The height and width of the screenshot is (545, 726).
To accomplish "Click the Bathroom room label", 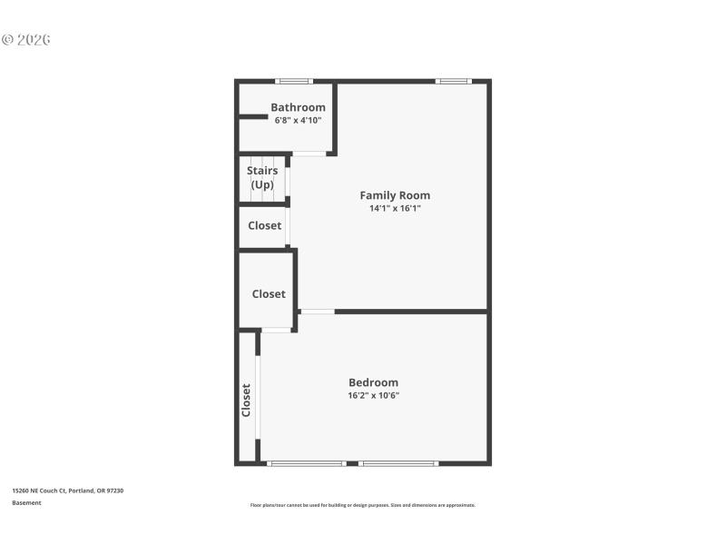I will pyautogui.click(x=298, y=107).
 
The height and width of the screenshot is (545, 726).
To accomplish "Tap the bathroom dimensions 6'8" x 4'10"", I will pyautogui.click(x=298, y=120).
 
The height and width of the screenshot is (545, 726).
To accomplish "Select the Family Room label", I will pyautogui.click(x=395, y=195).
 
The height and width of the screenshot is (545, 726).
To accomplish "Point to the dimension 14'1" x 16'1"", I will pyautogui.click(x=395, y=208).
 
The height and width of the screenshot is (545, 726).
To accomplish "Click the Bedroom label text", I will pyautogui.click(x=373, y=382).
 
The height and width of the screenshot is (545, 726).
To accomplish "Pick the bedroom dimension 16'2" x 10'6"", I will pyautogui.click(x=373, y=395).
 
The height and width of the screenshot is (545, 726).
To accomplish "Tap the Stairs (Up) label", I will pyautogui.click(x=262, y=177).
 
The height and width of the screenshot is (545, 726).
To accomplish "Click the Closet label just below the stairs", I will pyautogui.click(x=265, y=225).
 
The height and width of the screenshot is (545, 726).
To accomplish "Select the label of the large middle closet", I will pyautogui.click(x=269, y=293).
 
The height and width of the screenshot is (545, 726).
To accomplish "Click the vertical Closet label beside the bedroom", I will pyautogui.click(x=246, y=400).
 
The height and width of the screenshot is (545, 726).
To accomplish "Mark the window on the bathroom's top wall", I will pyautogui.click(x=294, y=82).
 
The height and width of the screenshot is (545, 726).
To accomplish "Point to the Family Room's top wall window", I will pyautogui.click(x=453, y=82).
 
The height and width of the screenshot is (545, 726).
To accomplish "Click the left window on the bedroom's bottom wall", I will pyautogui.click(x=307, y=463).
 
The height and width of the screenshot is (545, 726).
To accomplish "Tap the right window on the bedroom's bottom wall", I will pyautogui.click(x=398, y=463).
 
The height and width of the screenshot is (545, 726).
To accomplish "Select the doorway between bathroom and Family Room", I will pyautogui.click(x=309, y=154).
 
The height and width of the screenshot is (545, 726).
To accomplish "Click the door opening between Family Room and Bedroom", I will pyautogui.click(x=317, y=312).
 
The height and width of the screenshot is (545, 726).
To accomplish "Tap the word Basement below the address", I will pyautogui.click(x=26, y=502).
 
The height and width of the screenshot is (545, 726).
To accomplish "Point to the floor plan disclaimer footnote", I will pyautogui.click(x=362, y=505).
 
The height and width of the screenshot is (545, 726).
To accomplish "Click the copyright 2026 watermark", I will pyautogui.click(x=25, y=40).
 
